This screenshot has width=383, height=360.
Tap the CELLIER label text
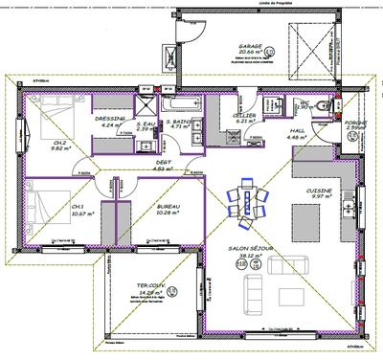click(x=243, y=115)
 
